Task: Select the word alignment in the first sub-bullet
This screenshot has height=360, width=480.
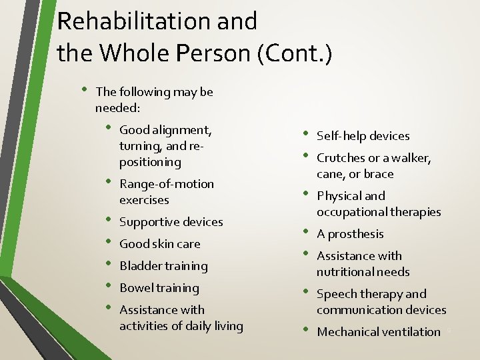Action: click(181, 130)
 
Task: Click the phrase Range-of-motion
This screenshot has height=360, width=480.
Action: click(167, 184)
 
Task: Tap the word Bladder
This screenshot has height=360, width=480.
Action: click(140, 266)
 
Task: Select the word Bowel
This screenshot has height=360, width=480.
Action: click(136, 288)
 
